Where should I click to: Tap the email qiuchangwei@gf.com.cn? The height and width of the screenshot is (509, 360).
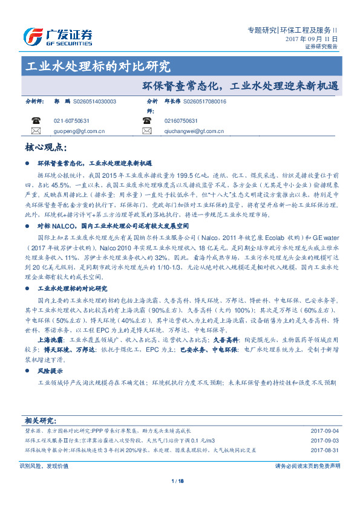point(194,131)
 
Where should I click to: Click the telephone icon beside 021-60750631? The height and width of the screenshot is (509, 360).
point(36,120)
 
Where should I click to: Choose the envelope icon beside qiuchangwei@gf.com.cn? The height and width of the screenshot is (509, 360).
point(146,131)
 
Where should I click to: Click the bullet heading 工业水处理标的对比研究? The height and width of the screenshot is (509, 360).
point(72,289)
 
